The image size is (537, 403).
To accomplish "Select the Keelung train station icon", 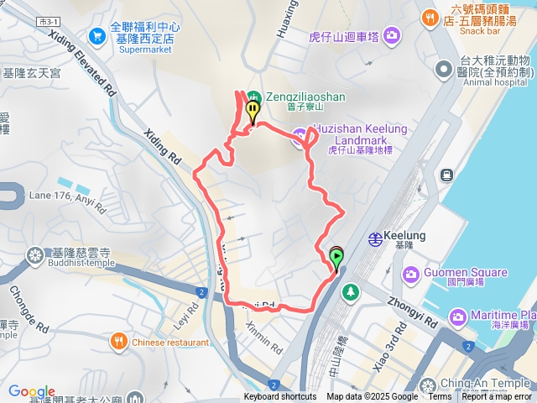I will pyautogui.click(x=377, y=238).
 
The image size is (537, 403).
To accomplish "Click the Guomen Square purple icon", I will pyautogui.click(x=411, y=274).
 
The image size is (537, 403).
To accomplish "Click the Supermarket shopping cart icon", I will pyautogui.click(x=97, y=37).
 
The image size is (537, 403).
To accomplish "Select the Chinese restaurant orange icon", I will pyautogui.click(x=118, y=342).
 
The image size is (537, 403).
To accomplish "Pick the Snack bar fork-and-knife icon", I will pyautogui.click(x=430, y=16).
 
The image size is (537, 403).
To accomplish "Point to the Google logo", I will pyautogui.click(x=31, y=392).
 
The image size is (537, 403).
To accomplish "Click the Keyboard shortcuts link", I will pyautogui.click(x=280, y=397).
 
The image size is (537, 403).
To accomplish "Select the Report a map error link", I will pyautogui.click(x=497, y=397).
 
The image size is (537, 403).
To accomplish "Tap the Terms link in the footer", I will pyautogui.click(x=440, y=397).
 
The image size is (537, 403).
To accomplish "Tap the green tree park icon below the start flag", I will pyautogui.click(x=350, y=292).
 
